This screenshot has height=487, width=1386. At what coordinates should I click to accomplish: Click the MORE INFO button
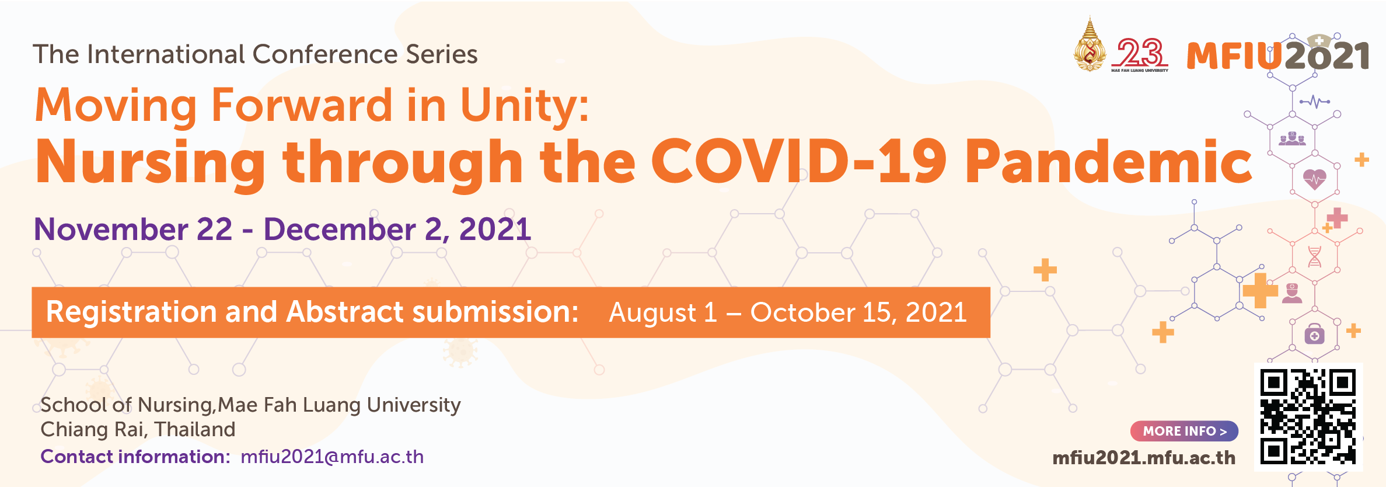point(1184,431)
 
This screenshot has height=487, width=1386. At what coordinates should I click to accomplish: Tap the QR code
point(1308,416)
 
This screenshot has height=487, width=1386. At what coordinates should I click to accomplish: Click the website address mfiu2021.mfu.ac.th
point(1144,458)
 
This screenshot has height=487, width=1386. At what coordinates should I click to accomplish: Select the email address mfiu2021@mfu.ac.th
point(332,457)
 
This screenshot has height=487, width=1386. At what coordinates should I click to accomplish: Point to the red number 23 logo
point(1140,54)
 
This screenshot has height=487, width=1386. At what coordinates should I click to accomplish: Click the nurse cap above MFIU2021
point(1318,41)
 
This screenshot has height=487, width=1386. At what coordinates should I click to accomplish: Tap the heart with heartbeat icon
point(1314,179)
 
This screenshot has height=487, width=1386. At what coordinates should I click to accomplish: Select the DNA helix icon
point(1314,256)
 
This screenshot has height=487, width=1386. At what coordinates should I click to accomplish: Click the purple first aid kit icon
point(1314,334)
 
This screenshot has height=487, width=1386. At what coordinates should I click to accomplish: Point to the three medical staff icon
point(1292,138)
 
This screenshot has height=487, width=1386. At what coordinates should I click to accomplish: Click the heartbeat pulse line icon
point(1314,102)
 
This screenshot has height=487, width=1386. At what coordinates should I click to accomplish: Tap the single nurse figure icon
point(1292,293)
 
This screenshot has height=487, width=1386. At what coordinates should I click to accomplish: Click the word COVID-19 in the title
point(798,161)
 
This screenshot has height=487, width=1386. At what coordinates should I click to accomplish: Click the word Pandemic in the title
point(1108,161)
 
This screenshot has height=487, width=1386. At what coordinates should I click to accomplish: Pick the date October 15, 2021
point(858,312)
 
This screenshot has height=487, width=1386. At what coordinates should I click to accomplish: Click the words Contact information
point(135,457)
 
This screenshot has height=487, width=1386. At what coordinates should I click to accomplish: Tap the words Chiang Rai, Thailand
point(138,430)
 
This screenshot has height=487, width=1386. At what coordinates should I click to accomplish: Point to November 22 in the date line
point(133,229)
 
